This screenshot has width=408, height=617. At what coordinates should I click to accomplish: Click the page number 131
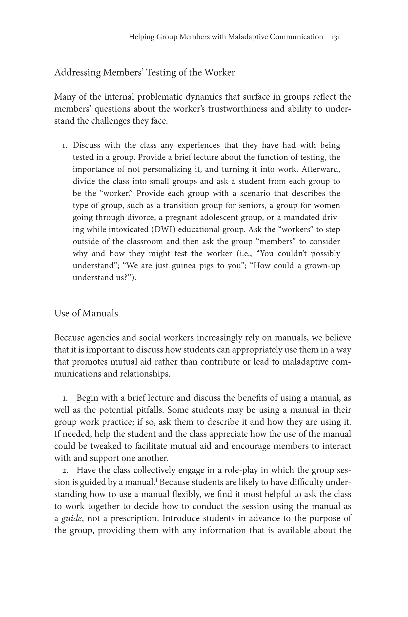pos(336,37)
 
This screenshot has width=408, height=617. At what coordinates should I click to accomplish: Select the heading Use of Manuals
pos(86,313)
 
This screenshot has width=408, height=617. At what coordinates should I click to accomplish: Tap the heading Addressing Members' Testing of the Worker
pos(144,72)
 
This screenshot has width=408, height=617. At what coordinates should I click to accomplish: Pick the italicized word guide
pos(72,518)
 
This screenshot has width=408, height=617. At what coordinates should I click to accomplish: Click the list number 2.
pos(65,471)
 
